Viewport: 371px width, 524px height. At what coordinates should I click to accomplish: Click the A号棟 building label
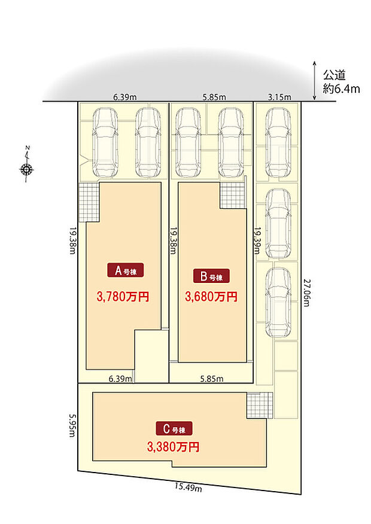(x=125, y=270)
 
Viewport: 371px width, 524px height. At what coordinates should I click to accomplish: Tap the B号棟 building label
(x=211, y=276)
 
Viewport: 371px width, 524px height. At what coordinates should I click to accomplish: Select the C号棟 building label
(x=174, y=428)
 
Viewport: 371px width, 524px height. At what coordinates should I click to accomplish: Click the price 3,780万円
(x=123, y=297)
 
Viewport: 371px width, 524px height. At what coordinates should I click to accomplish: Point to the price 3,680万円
(x=211, y=297)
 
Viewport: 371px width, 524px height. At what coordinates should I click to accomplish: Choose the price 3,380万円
(x=173, y=447)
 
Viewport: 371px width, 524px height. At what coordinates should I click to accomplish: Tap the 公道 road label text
(x=334, y=75)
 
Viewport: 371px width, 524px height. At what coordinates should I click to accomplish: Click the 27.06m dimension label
(x=306, y=292)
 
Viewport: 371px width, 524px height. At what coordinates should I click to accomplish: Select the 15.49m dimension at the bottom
(x=188, y=488)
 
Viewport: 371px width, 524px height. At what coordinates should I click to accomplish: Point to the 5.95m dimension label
(x=72, y=425)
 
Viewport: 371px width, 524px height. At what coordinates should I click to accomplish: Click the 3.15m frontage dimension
(x=279, y=98)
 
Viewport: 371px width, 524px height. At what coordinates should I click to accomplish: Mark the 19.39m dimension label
(x=257, y=240)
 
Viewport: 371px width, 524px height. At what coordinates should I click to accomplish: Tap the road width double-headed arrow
(x=314, y=81)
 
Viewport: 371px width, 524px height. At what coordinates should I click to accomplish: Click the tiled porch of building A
(x=89, y=202)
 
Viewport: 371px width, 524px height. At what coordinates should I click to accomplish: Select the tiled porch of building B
(x=233, y=196)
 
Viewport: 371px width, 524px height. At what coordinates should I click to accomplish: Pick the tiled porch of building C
(x=260, y=406)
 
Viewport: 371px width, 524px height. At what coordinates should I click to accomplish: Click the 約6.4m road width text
(x=341, y=89)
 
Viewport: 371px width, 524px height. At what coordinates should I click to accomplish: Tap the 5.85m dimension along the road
(x=214, y=98)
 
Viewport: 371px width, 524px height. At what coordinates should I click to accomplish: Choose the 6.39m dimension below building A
(x=120, y=379)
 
